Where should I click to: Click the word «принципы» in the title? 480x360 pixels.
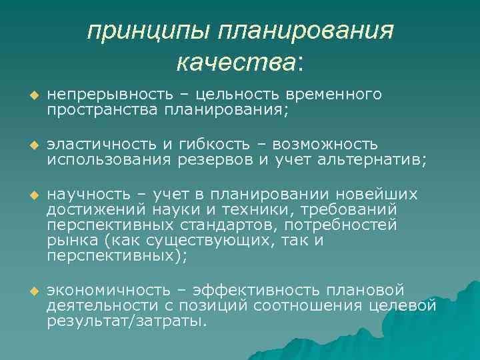pos(141,31)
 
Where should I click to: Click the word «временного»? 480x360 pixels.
pos(335,95)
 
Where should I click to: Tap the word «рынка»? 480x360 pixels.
pos(69,241)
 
